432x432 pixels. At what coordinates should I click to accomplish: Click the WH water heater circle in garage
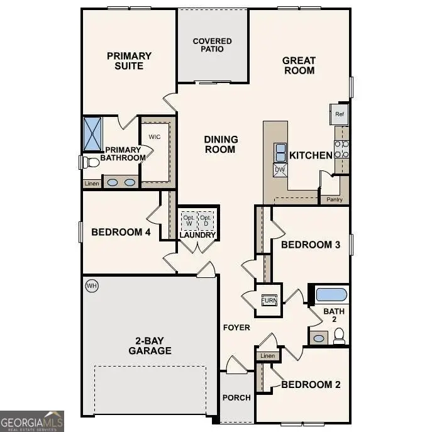tap(92, 286)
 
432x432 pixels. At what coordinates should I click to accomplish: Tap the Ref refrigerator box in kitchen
tap(340, 114)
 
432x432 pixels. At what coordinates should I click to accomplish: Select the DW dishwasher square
tap(280, 169)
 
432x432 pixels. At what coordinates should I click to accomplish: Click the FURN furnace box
tap(269, 299)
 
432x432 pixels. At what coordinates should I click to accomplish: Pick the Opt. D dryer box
tap(205, 220)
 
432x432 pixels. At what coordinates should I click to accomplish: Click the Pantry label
tap(335, 199)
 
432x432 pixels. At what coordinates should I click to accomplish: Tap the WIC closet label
tap(155, 136)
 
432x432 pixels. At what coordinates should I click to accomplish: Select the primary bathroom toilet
tap(91, 162)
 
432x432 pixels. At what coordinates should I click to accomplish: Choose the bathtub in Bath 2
tap(331, 294)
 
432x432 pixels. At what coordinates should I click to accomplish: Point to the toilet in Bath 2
tap(339, 338)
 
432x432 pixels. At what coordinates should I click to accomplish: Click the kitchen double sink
tap(280, 152)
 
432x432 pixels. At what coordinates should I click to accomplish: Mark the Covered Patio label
tap(212, 45)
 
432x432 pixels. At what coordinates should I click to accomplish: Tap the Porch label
tap(236, 397)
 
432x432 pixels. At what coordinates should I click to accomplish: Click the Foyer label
tap(236, 328)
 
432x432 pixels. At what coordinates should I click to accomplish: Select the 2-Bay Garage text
tap(150, 345)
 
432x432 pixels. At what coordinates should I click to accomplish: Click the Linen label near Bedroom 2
tap(267, 356)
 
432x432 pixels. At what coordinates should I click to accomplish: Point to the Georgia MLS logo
tap(31, 421)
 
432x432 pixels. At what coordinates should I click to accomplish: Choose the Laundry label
tap(197, 235)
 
